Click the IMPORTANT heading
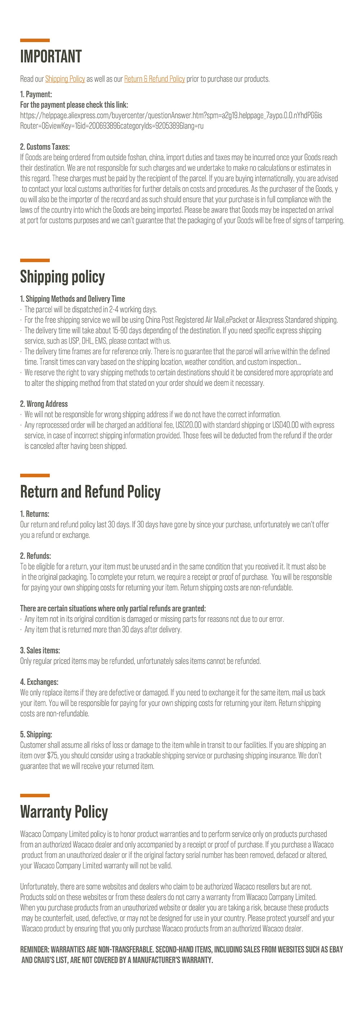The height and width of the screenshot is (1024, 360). coord(51,57)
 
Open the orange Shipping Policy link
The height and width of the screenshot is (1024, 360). coord(65,79)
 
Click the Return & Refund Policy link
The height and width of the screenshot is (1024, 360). coord(154,79)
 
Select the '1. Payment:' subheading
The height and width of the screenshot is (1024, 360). coord(36,94)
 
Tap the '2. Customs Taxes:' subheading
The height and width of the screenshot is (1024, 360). coord(45,147)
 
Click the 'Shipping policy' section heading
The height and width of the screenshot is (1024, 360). coord(62,277)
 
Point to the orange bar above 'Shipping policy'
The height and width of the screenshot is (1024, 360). coord(35,260)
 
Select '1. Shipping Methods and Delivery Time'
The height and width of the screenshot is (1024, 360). coord(72,298)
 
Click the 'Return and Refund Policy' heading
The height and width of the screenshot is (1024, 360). coord(90,492)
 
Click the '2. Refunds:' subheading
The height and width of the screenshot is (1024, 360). coord(35,556)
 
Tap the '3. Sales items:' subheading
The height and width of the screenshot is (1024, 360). coord(40,650)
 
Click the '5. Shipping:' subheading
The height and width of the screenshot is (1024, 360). coord(36,734)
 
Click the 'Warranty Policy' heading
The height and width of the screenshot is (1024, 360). coord(64,812)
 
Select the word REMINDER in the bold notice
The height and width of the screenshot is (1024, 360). coord(35,949)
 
